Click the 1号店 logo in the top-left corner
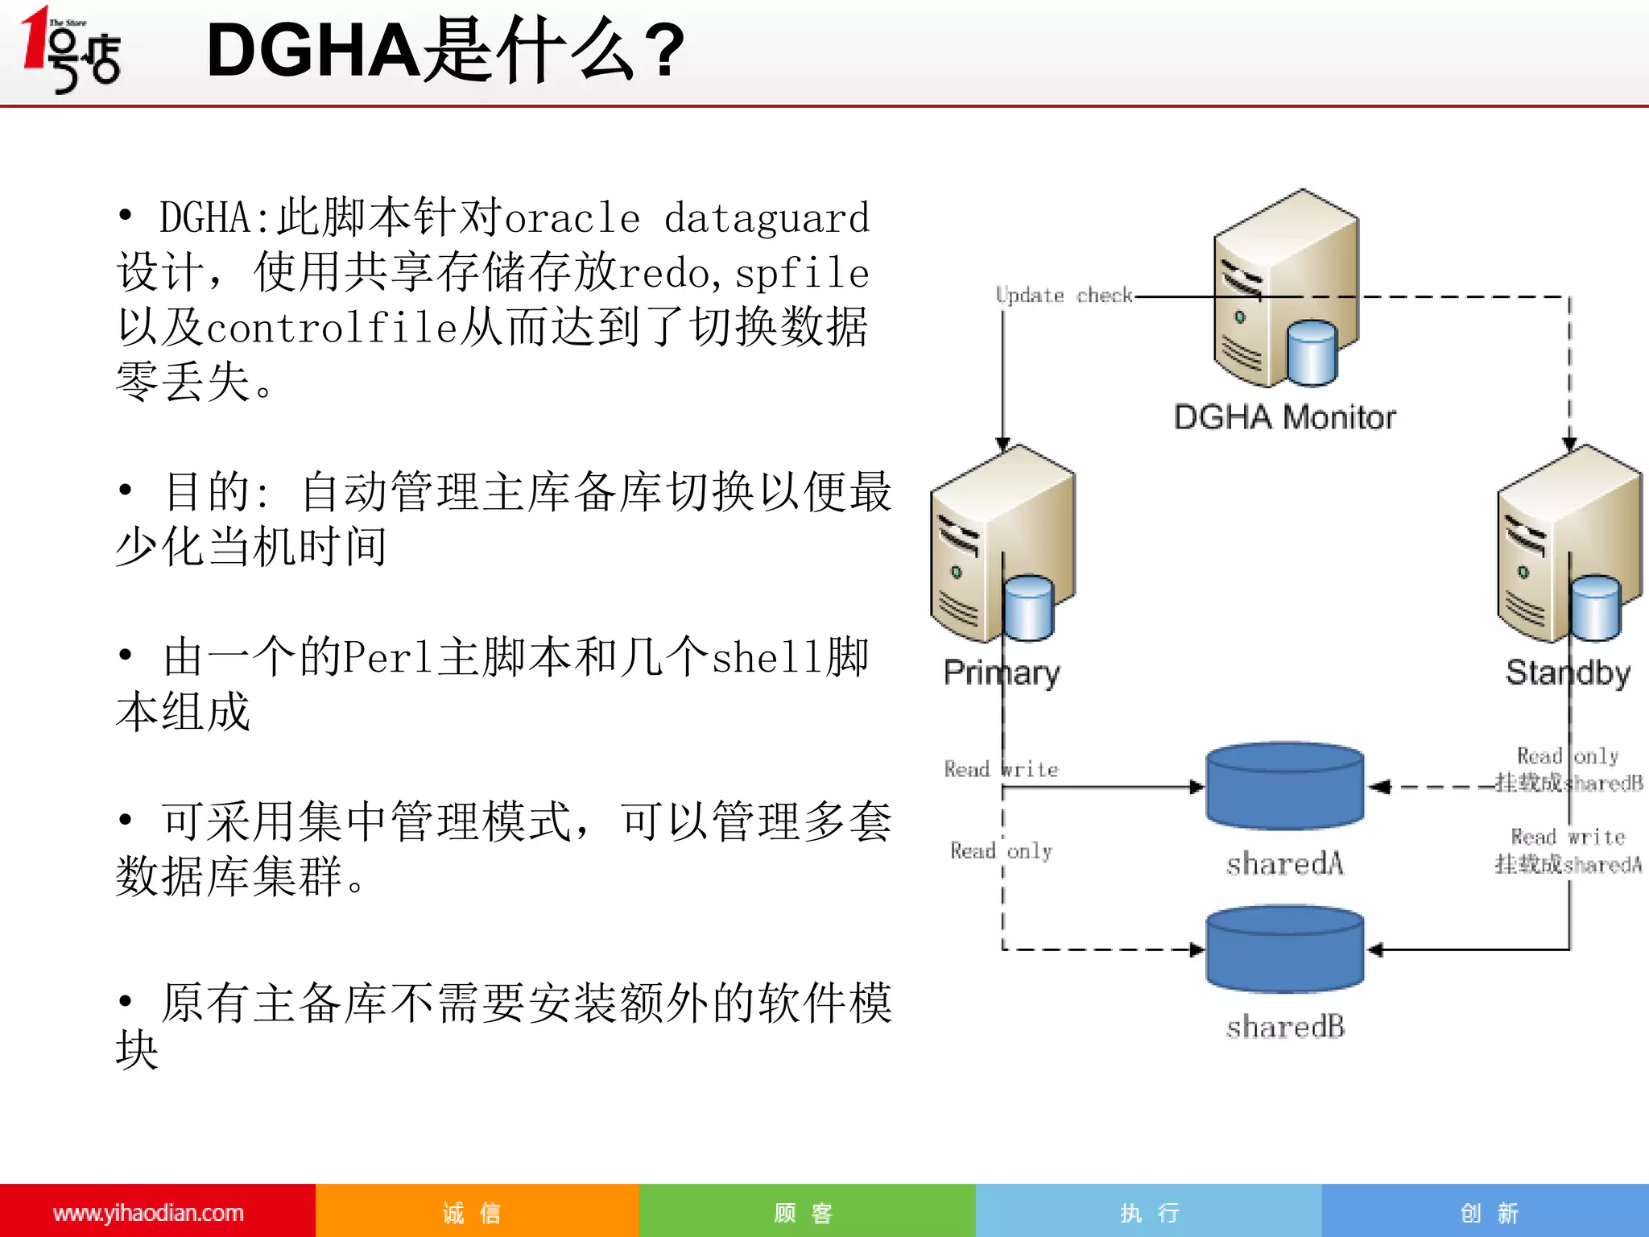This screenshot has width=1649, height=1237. pyautogui.click(x=71, y=50)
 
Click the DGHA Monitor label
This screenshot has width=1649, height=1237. pyautogui.click(x=1284, y=417)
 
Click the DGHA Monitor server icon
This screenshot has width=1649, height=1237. pyautogui.click(x=1285, y=290)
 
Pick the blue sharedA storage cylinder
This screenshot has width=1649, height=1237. pyautogui.click(x=1284, y=786)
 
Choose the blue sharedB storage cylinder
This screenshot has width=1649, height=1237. pyautogui.click(x=1284, y=949)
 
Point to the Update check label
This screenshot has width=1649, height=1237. pyautogui.click(x=1064, y=296)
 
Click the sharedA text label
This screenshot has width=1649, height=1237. pyautogui.click(x=1285, y=864)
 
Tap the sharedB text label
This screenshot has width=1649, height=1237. pyautogui.click(x=1285, y=1028)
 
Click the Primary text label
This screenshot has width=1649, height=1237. pyautogui.click(x=1002, y=672)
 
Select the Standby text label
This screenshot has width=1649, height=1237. pyautogui.click(x=1568, y=672)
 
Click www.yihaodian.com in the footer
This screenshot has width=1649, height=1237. pyautogui.click(x=148, y=1213)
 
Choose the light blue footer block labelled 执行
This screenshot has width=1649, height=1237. pyautogui.click(x=1149, y=1213)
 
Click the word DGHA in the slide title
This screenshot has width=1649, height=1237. pyautogui.click(x=312, y=50)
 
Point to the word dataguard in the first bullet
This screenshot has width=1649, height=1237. pyautogui.click(x=767, y=218)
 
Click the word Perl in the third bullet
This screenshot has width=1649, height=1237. pyautogui.click(x=390, y=657)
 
